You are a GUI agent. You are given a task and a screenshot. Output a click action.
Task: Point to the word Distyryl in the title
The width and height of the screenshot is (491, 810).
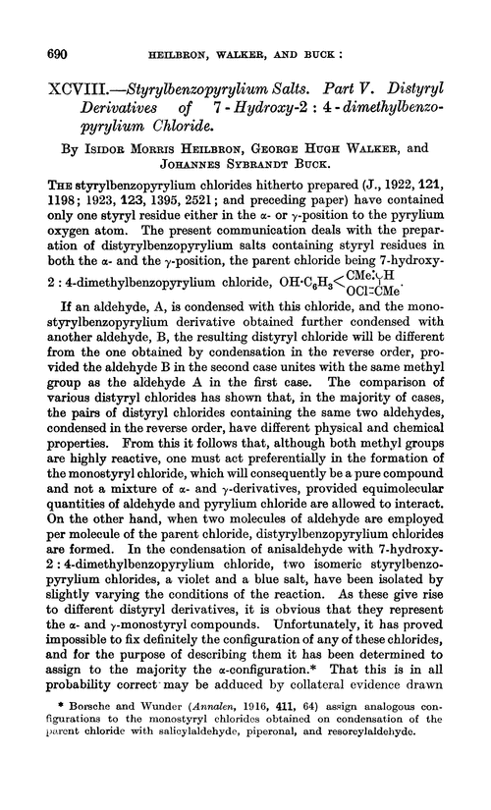coord(422,71)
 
